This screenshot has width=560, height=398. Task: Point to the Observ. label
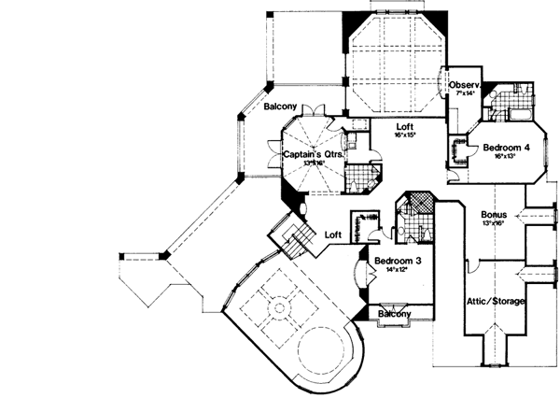click(x=464, y=85)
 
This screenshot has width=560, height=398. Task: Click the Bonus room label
click(x=495, y=213)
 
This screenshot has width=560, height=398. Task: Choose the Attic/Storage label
click(x=495, y=302)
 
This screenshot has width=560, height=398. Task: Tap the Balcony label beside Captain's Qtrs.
click(x=280, y=107)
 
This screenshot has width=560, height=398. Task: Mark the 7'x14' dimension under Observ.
click(x=463, y=94)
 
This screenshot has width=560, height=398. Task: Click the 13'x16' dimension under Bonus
click(x=495, y=223)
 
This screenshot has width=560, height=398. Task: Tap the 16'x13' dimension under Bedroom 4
click(x=504, y=156)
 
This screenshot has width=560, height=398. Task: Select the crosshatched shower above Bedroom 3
click(x=411, y=205)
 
